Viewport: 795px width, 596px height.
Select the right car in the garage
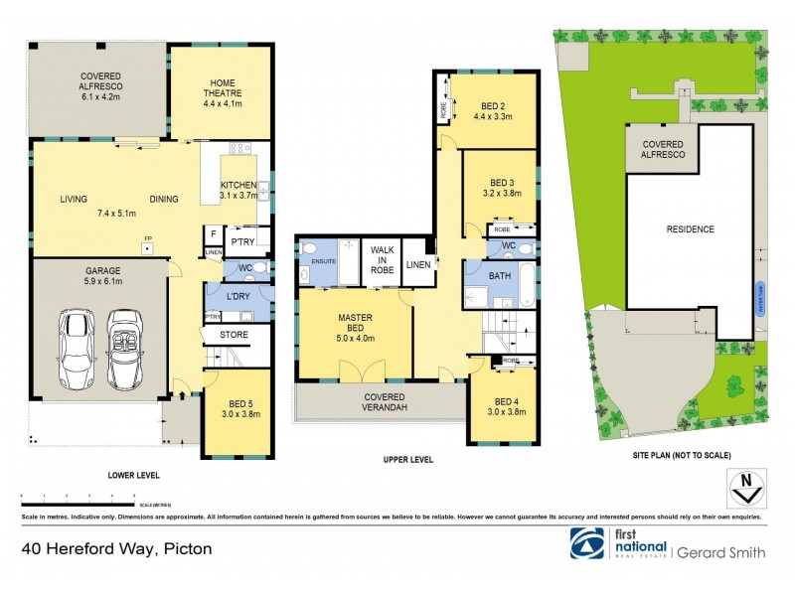[125, 349]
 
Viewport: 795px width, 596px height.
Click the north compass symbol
[746, 489]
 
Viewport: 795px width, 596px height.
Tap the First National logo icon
[584, 543]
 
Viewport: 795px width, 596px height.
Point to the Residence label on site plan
[690, 229]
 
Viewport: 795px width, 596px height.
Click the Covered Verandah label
[381, 400]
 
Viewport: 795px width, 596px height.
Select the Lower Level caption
[134, 475]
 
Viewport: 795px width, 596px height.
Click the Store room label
[234, 335]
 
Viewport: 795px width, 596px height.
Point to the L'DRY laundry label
[238, 297]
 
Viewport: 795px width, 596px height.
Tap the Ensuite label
[324, 262]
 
